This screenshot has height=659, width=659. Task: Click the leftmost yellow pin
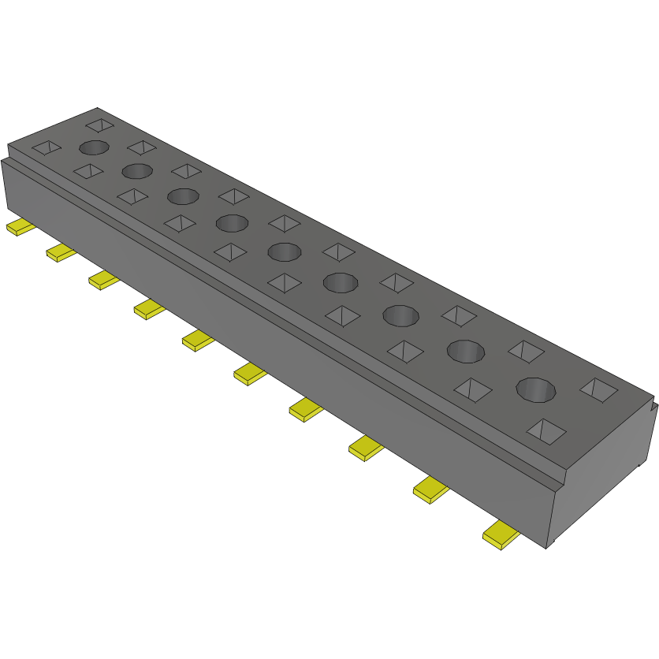(20, 228)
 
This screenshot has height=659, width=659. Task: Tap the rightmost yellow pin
(501, 535)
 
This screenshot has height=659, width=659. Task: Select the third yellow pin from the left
(102, 279)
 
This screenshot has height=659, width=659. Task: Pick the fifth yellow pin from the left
(198, 341)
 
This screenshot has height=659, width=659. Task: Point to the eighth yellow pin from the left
(365, 448)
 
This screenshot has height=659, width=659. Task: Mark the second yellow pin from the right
(430, 490)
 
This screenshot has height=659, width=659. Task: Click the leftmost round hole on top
(93, 147)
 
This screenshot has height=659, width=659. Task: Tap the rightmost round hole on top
(536, 389)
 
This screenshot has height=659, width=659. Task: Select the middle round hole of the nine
(285, 252)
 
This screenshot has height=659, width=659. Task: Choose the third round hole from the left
(182, 196)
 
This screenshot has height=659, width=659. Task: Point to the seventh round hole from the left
(401, 315)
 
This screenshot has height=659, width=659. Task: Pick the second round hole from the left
(136, 171)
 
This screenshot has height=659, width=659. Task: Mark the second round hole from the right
(466, 351)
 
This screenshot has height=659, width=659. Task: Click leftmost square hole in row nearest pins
(46, 147)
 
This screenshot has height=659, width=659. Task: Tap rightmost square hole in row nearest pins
(546, 430)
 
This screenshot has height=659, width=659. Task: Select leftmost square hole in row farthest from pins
(99, 124)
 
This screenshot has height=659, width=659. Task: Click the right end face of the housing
(603, 473)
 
